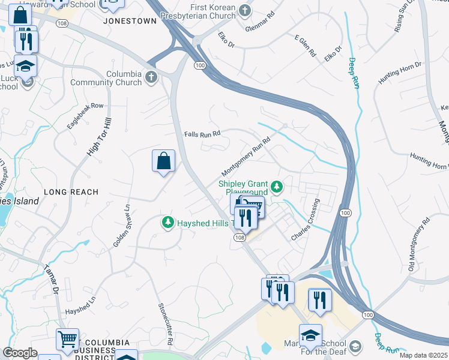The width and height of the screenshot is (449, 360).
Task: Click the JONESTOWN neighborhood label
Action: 130,20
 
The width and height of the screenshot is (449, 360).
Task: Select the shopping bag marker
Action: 163,161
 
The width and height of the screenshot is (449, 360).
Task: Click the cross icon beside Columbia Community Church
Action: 151,77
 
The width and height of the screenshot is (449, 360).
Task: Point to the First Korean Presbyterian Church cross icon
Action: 245,10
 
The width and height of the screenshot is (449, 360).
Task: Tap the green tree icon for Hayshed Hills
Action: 168,223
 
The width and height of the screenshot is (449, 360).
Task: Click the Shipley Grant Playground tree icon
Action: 276,188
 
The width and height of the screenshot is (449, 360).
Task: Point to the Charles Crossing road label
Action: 306,220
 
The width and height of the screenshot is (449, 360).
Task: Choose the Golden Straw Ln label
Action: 122,226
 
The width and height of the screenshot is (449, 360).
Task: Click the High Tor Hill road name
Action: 100,137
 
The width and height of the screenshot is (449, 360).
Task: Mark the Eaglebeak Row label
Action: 85,116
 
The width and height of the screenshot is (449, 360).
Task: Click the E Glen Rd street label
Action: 305,46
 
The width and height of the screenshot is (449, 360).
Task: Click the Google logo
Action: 20,353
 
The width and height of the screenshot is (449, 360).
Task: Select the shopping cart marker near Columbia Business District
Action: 67,339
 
